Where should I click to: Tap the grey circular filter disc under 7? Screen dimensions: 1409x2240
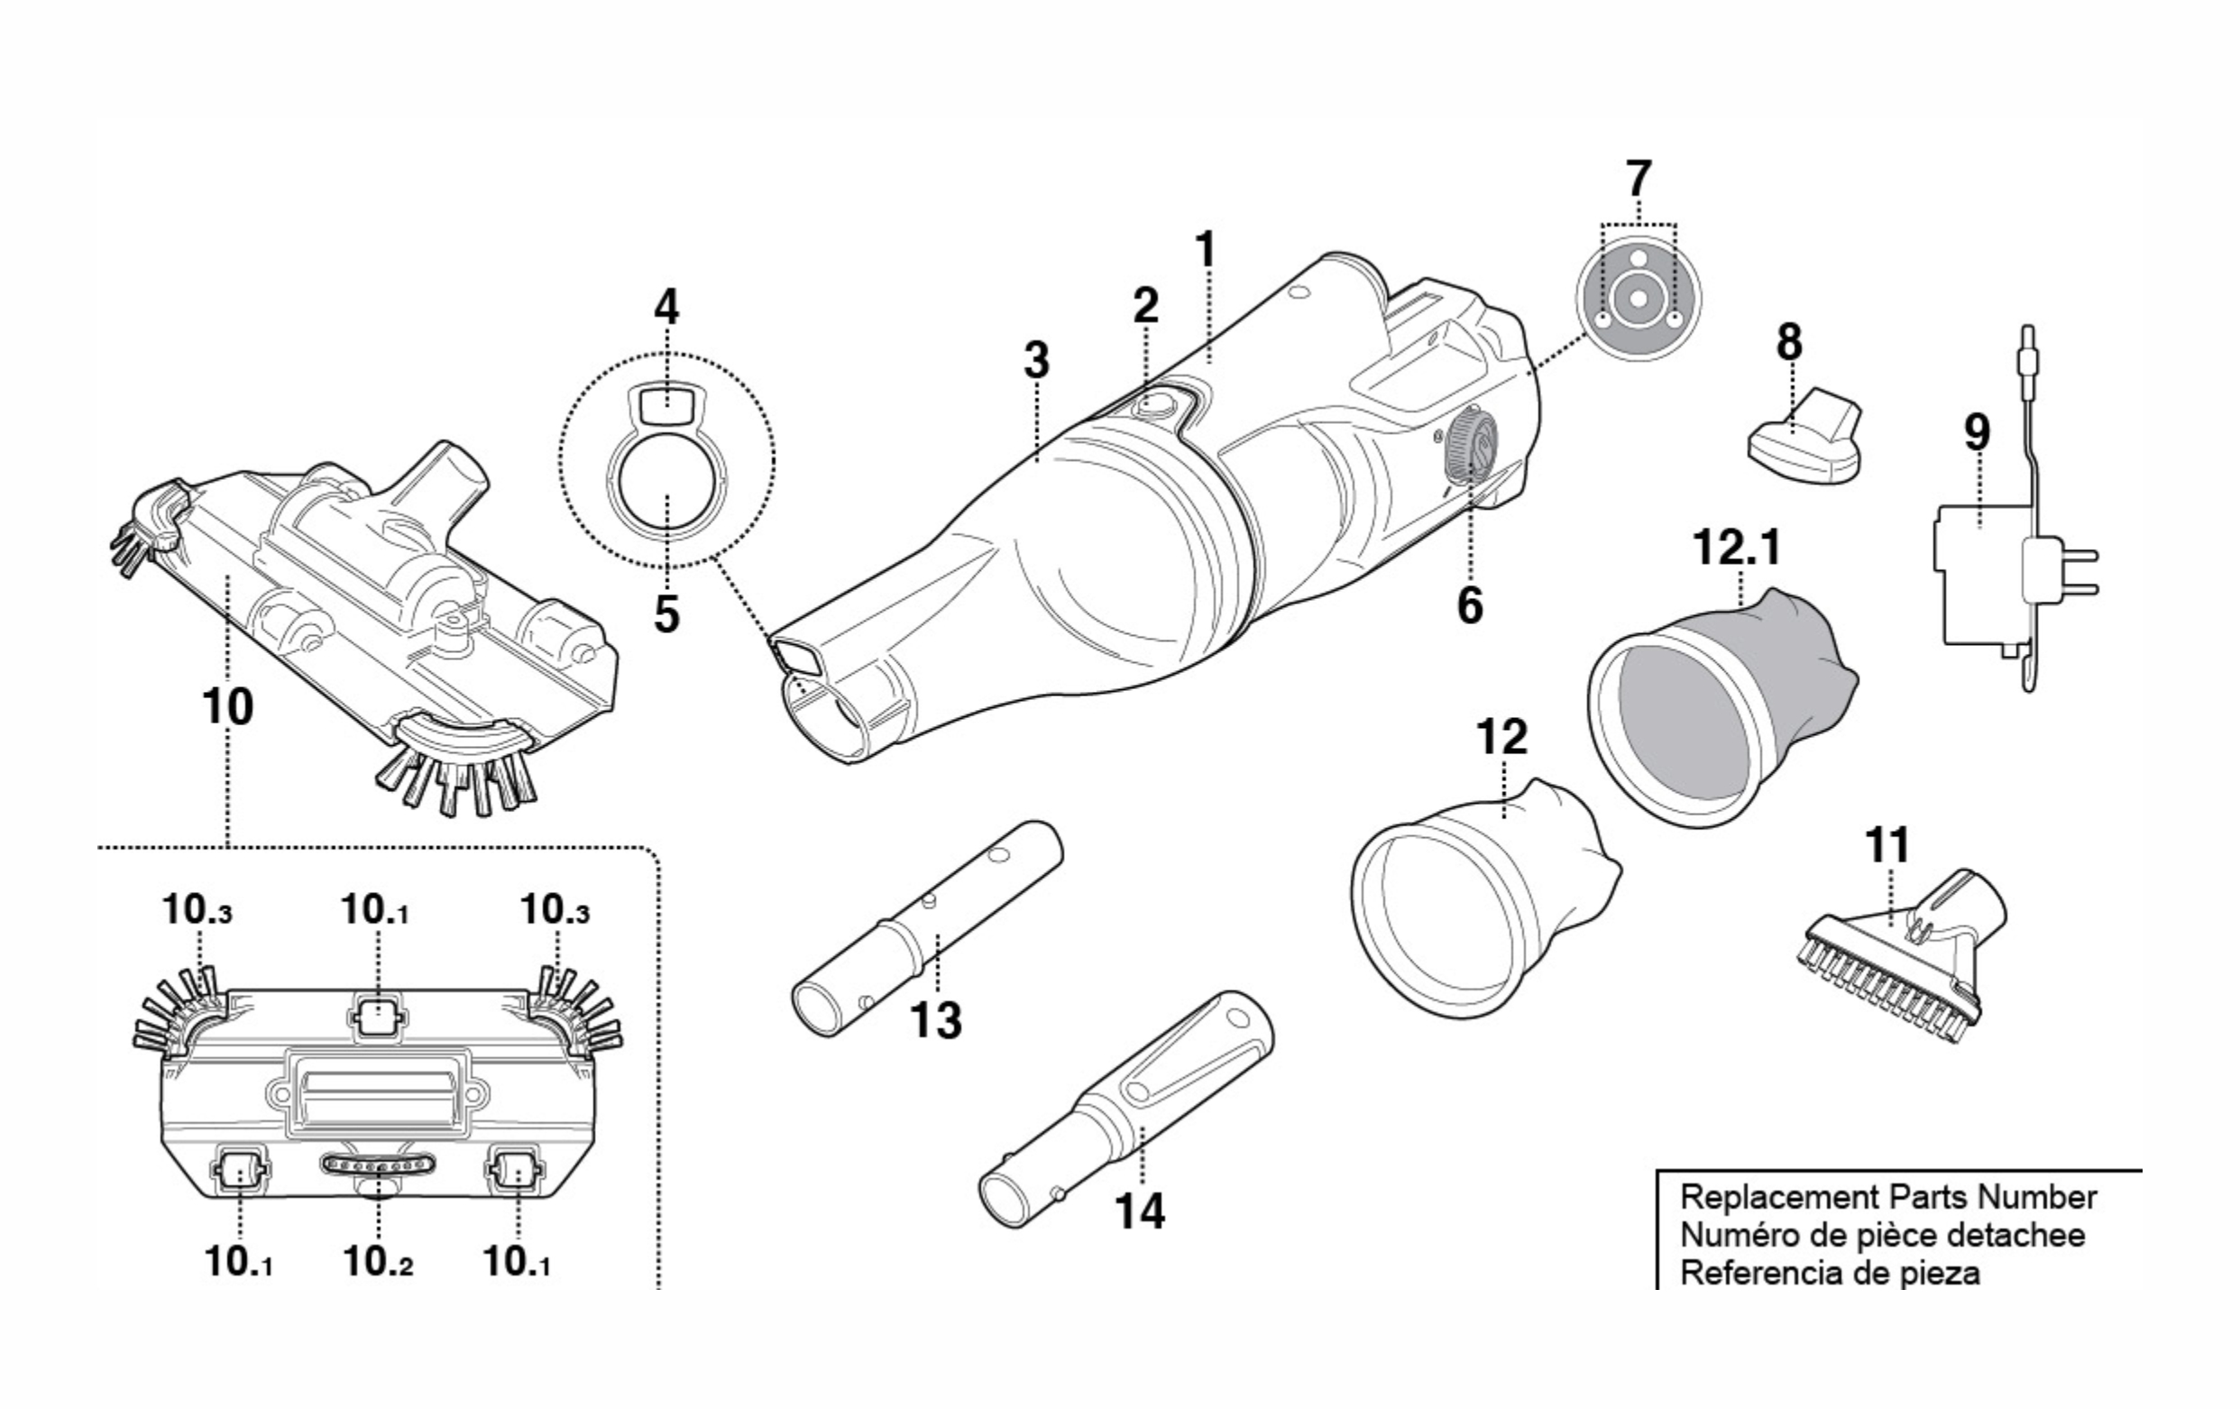[x=1639, y=297]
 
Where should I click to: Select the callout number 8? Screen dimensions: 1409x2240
[x=1789, y=343]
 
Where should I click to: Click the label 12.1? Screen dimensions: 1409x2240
[x=1737, y=548]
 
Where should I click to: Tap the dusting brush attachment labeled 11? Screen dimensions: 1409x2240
[x=1897, y=963]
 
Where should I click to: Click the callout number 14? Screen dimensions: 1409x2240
[x=1140, y=1211]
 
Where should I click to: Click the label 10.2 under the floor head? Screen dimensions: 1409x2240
[x=378, y=1262]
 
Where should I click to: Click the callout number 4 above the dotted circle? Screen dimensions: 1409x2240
[x=666, y=307]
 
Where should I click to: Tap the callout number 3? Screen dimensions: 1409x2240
[x=1036, y=360]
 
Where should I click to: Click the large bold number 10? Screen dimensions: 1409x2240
[x=227, y=707]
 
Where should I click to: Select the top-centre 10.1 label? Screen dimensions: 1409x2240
[x=375, y=910]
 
